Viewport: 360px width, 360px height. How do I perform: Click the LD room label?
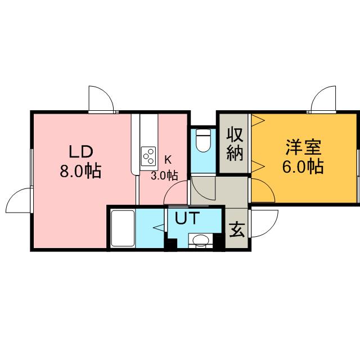[80, 151]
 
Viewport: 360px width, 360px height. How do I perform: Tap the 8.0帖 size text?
[80, 171]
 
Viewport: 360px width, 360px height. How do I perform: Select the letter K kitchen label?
[167, 159]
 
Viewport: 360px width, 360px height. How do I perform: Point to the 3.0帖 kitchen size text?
[164, 175]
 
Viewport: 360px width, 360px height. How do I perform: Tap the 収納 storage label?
[235, 144]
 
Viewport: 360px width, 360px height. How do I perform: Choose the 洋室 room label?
[303, 148]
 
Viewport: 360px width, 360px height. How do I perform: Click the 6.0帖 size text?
[303, 167]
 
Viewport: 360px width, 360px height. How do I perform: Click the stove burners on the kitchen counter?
[149, 155]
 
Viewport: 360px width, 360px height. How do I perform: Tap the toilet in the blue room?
[202, 141]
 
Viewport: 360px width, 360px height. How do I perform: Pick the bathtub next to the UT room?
[122, 228]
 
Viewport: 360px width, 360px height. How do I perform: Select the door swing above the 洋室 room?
[325, 100]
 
